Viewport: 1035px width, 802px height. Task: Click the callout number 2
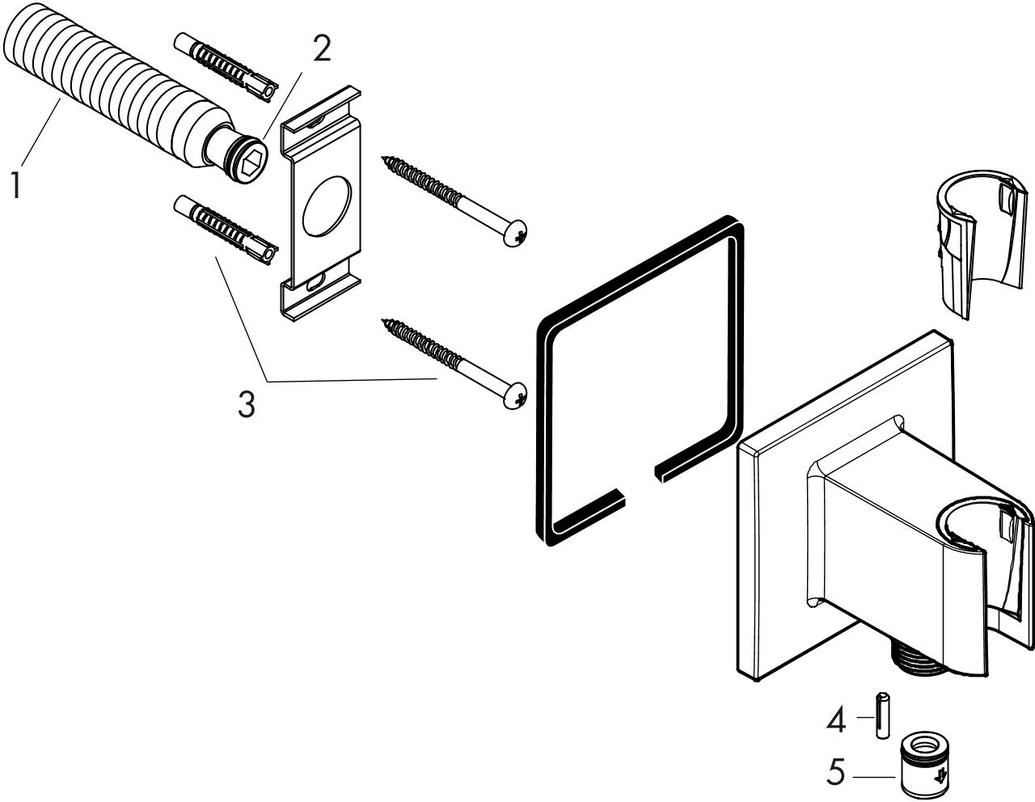[x=321, y=50]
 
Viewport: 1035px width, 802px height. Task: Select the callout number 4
[x=835, y=720]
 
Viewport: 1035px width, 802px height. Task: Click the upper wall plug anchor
[x=223, y=65]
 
